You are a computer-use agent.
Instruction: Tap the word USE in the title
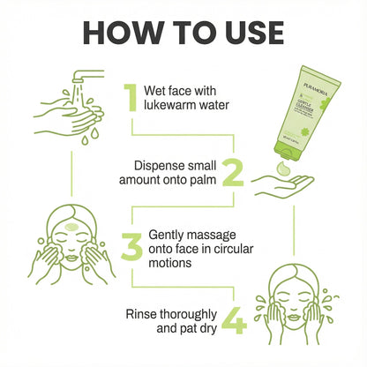243,33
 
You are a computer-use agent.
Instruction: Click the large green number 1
130,99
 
